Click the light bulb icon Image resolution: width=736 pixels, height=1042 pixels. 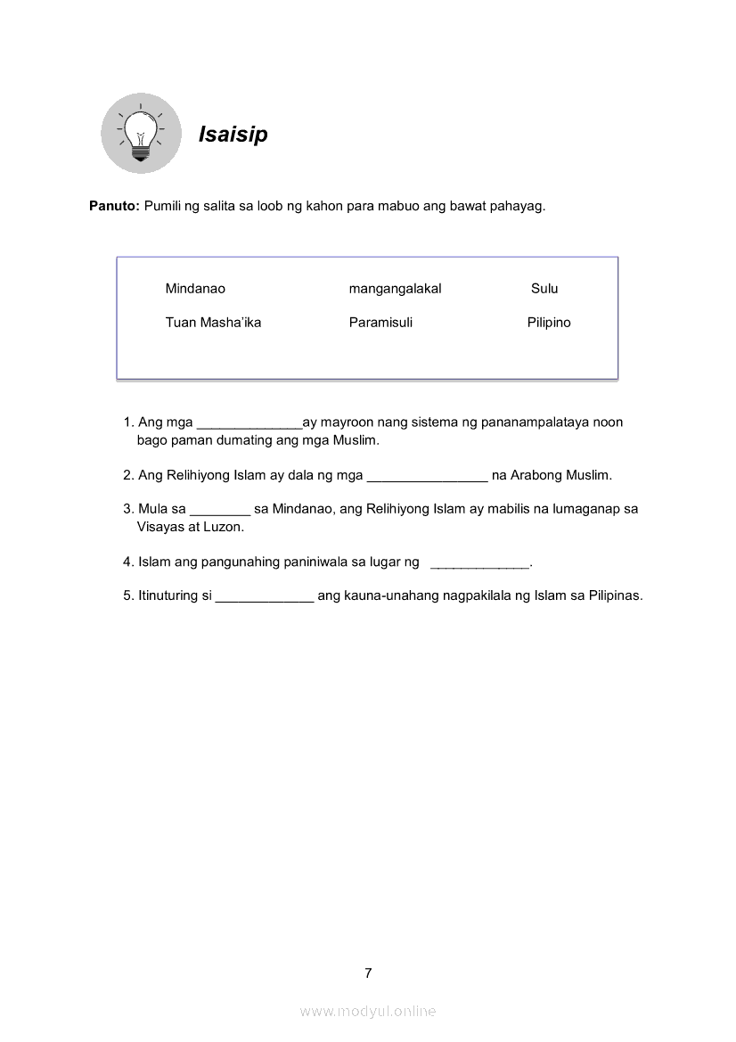pyautogui.click(x=140, y=135)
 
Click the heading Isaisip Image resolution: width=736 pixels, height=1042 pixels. pyautogui.click(x=233, y=135)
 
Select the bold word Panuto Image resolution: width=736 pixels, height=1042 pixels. pyautogui.click(x=114, y=206)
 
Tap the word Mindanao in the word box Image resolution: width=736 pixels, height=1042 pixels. pyautogui.click(x=195, y=289)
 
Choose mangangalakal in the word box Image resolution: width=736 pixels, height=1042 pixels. pyautogui.click(x=395, y=289)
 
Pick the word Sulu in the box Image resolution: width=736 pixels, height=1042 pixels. pyautogui.click(x=544, y=289)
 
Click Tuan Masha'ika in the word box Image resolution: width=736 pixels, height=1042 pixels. pyautogui.click(x=213, y=323)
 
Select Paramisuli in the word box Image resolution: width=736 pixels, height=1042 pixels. pyautogui.click(x=380, y=323)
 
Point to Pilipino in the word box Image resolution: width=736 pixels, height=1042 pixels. pyautogui.click(x=549, y=323)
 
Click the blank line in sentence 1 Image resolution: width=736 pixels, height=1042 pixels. pyautogui.click(x=249, y=425)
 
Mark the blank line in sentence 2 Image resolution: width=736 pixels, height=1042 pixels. pyautogui.click(x=427, y=478)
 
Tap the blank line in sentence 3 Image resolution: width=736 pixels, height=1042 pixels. pyautogui.click(x=220, y=512)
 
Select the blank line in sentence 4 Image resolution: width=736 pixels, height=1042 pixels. pyautogui.click(x=480, y=565)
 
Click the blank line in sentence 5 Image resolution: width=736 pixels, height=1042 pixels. pyautogui.click(x=265, y=599)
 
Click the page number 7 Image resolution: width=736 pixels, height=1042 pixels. pyautogui.click(x=368, y=972)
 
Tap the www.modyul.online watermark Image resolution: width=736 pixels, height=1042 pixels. pyautogui.click(x=368, y=1011)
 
